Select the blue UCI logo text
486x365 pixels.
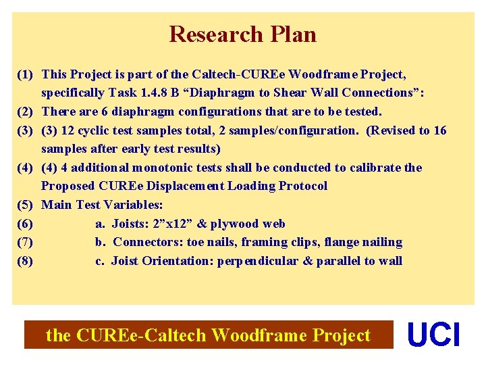(x=433, y=335)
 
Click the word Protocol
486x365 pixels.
(x=302, y=186)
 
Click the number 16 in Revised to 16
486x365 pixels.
(x=439, y=130)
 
